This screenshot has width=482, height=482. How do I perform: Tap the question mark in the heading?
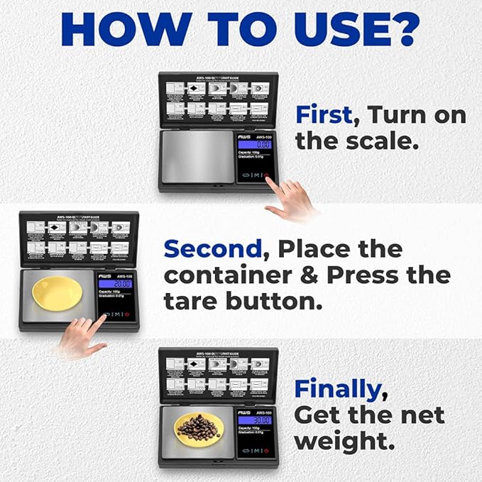pos(402,30)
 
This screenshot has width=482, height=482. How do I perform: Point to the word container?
pos(227,275)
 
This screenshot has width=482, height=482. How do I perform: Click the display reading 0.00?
pos(255,144)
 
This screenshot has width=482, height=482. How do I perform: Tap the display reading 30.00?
pos(255,420)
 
